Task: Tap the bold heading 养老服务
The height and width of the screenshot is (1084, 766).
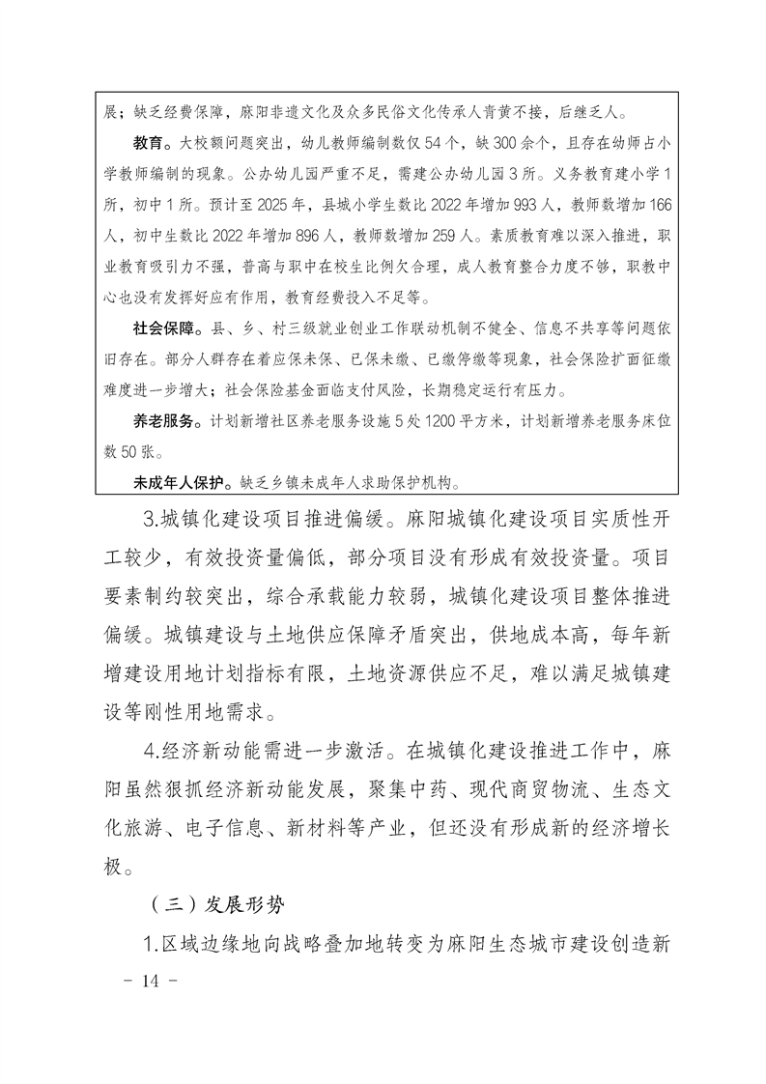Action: [x=161, y=422]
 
